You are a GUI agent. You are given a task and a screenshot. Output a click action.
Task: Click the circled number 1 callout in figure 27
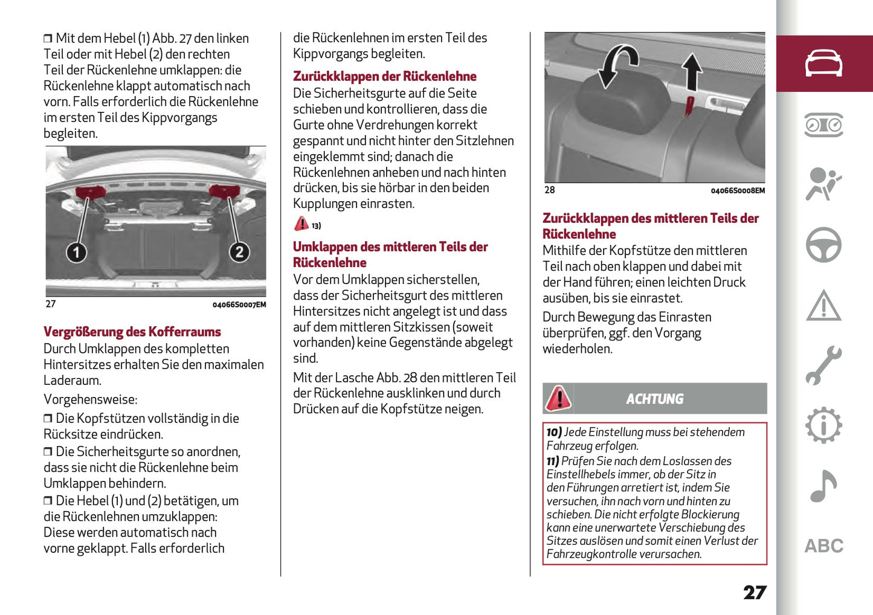76,252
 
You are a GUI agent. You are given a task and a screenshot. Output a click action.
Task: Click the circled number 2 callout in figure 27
239,252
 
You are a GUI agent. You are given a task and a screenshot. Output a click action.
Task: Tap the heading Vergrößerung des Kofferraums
132,332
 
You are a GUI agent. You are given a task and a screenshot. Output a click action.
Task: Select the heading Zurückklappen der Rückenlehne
384,77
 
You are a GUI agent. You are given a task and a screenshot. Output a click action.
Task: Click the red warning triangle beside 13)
301,224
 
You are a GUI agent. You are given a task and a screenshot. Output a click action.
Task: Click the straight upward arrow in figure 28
692,71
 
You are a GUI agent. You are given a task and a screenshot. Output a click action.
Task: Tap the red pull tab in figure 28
689,106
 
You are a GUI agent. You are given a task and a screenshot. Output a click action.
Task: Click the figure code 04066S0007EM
239,305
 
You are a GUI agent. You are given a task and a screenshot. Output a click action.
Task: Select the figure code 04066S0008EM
737,191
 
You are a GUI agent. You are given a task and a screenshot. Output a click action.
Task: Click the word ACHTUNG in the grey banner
654,399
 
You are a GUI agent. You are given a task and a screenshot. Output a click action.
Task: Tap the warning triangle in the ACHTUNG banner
558,399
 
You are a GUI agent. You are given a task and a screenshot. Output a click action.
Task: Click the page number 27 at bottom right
755,592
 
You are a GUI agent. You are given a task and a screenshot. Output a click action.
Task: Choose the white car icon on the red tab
823,63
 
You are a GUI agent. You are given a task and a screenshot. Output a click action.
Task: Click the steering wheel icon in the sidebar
823,245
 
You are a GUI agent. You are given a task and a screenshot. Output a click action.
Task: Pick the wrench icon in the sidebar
823,365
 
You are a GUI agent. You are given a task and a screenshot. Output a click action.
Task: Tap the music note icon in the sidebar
823,486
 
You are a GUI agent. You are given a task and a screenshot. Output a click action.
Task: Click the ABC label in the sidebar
823,546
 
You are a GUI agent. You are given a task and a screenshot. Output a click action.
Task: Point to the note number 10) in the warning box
554,433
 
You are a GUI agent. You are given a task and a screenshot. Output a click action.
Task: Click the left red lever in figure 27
90,193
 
